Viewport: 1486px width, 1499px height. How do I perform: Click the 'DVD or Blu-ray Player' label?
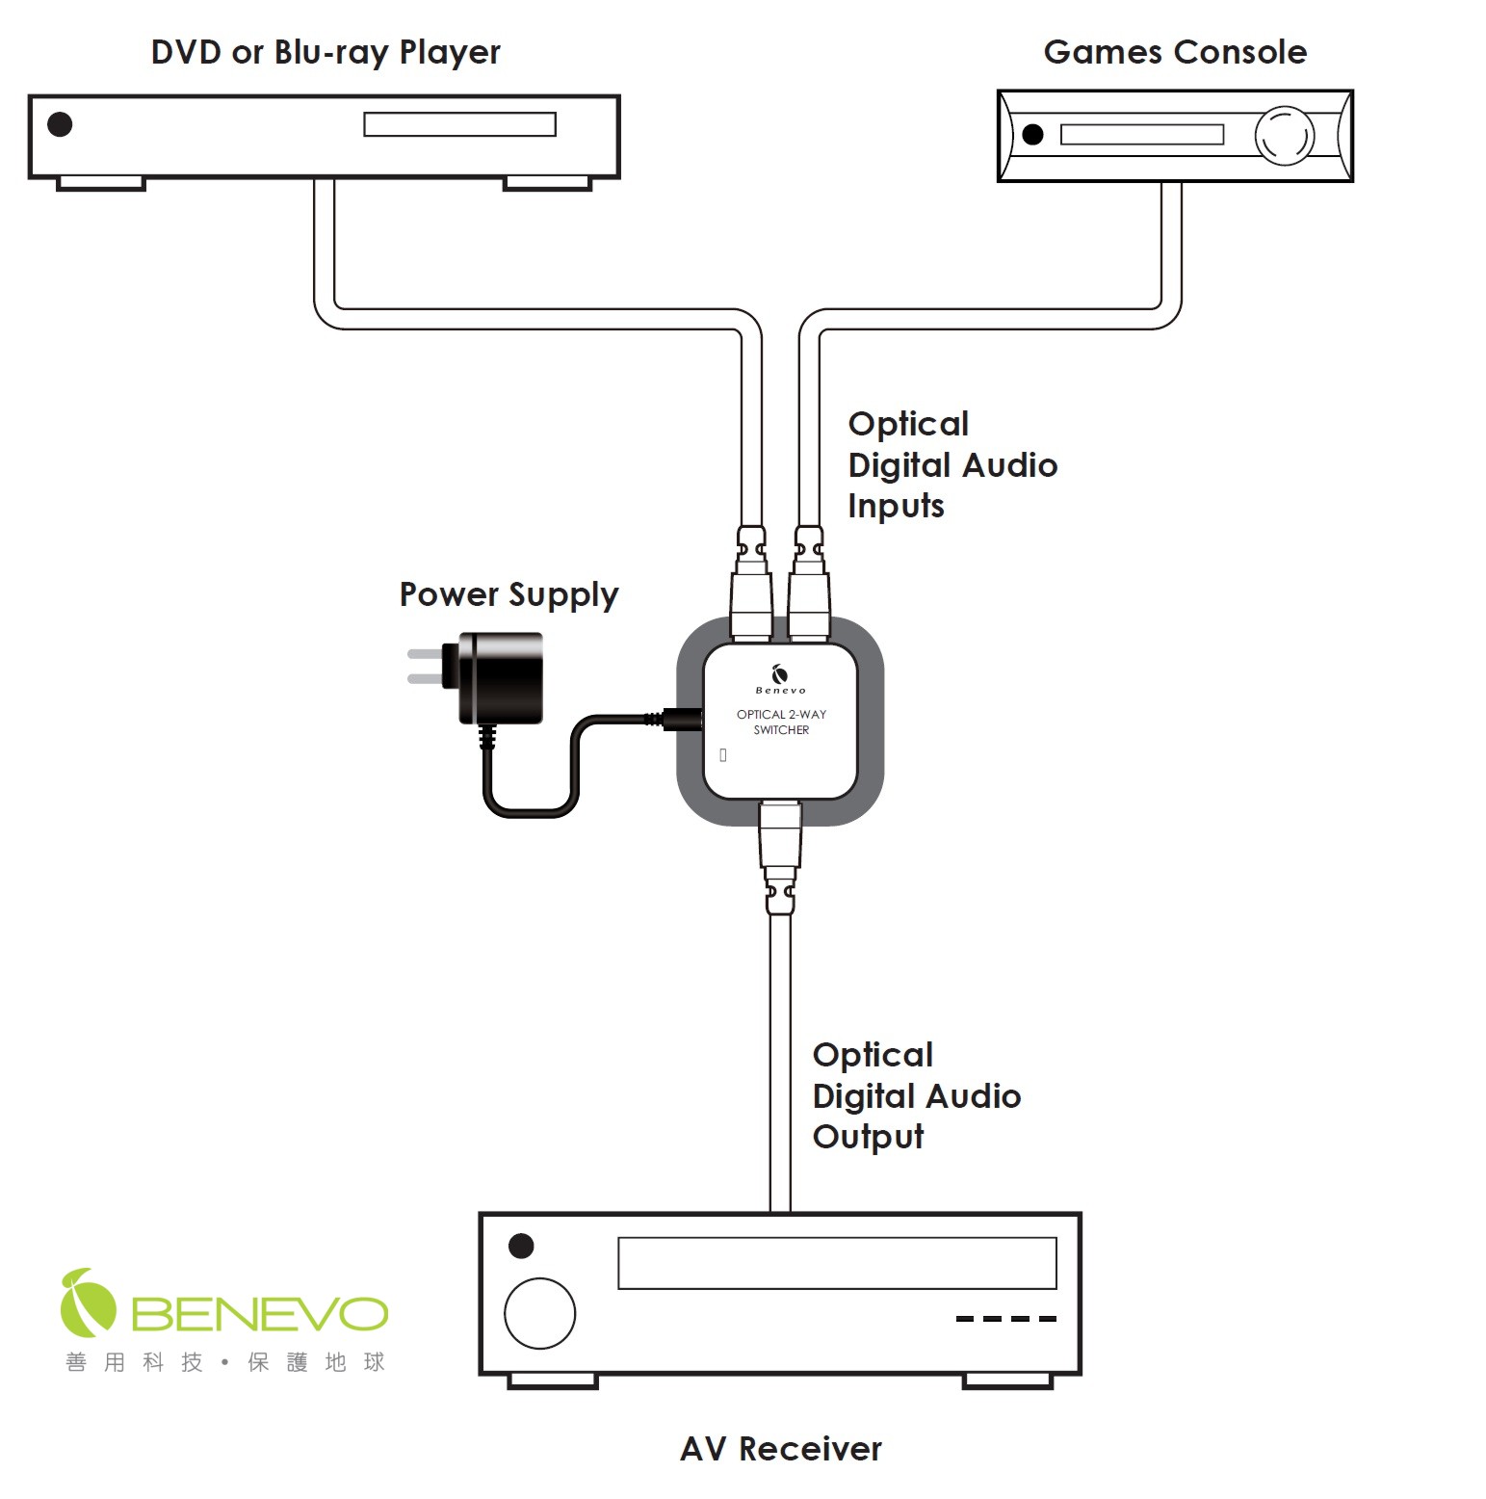point(326,52)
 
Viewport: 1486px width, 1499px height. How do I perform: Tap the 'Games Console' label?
point(1175,52)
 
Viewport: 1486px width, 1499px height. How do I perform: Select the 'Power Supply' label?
point(508,594)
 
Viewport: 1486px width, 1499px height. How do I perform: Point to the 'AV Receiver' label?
point(780,1448)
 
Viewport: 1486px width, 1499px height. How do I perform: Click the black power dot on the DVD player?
point(60,124)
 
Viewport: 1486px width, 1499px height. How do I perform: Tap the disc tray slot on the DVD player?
point(459,124)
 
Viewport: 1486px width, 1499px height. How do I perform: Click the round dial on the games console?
point(1284,136)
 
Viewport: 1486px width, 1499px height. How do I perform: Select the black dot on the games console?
point(1032,135)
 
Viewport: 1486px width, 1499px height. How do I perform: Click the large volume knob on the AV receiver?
point(539,1313)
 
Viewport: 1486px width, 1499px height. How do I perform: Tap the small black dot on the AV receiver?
point(521,1246)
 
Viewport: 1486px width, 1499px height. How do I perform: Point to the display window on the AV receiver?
point(837,1263)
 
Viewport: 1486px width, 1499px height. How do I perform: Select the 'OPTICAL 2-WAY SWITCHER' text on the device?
point(781,722)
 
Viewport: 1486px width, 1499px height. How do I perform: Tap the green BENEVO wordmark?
point(259,1313)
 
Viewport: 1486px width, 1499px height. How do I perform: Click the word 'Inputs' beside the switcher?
point(896,507)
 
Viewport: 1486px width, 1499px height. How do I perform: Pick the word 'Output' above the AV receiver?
point(868,1137)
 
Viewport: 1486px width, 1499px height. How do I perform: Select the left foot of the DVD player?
point(100,183)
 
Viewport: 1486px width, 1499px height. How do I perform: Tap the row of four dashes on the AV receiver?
point(1005,1319)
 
